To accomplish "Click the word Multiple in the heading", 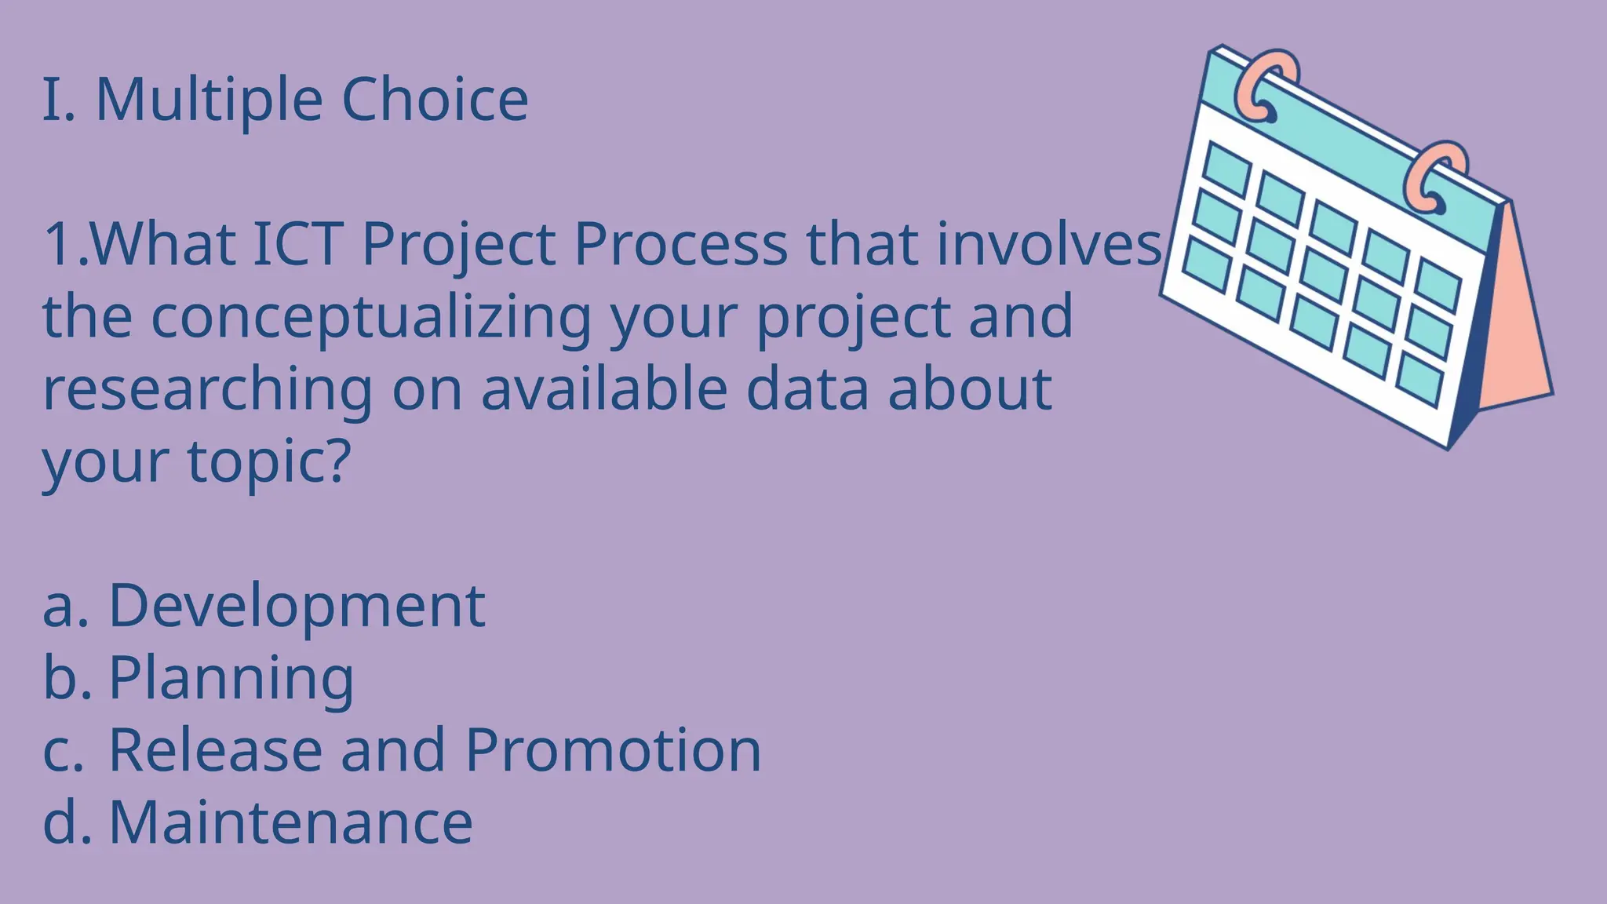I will coord(209,100).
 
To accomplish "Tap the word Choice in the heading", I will coord(435,100).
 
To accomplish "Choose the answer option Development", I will coord(297,607).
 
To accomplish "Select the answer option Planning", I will coord(231,679).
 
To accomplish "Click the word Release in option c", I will coord(215,750).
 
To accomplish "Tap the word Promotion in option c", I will coord(613,750).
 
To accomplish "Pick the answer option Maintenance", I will coord(290,822).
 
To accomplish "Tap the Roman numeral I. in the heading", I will coord(58,100).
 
